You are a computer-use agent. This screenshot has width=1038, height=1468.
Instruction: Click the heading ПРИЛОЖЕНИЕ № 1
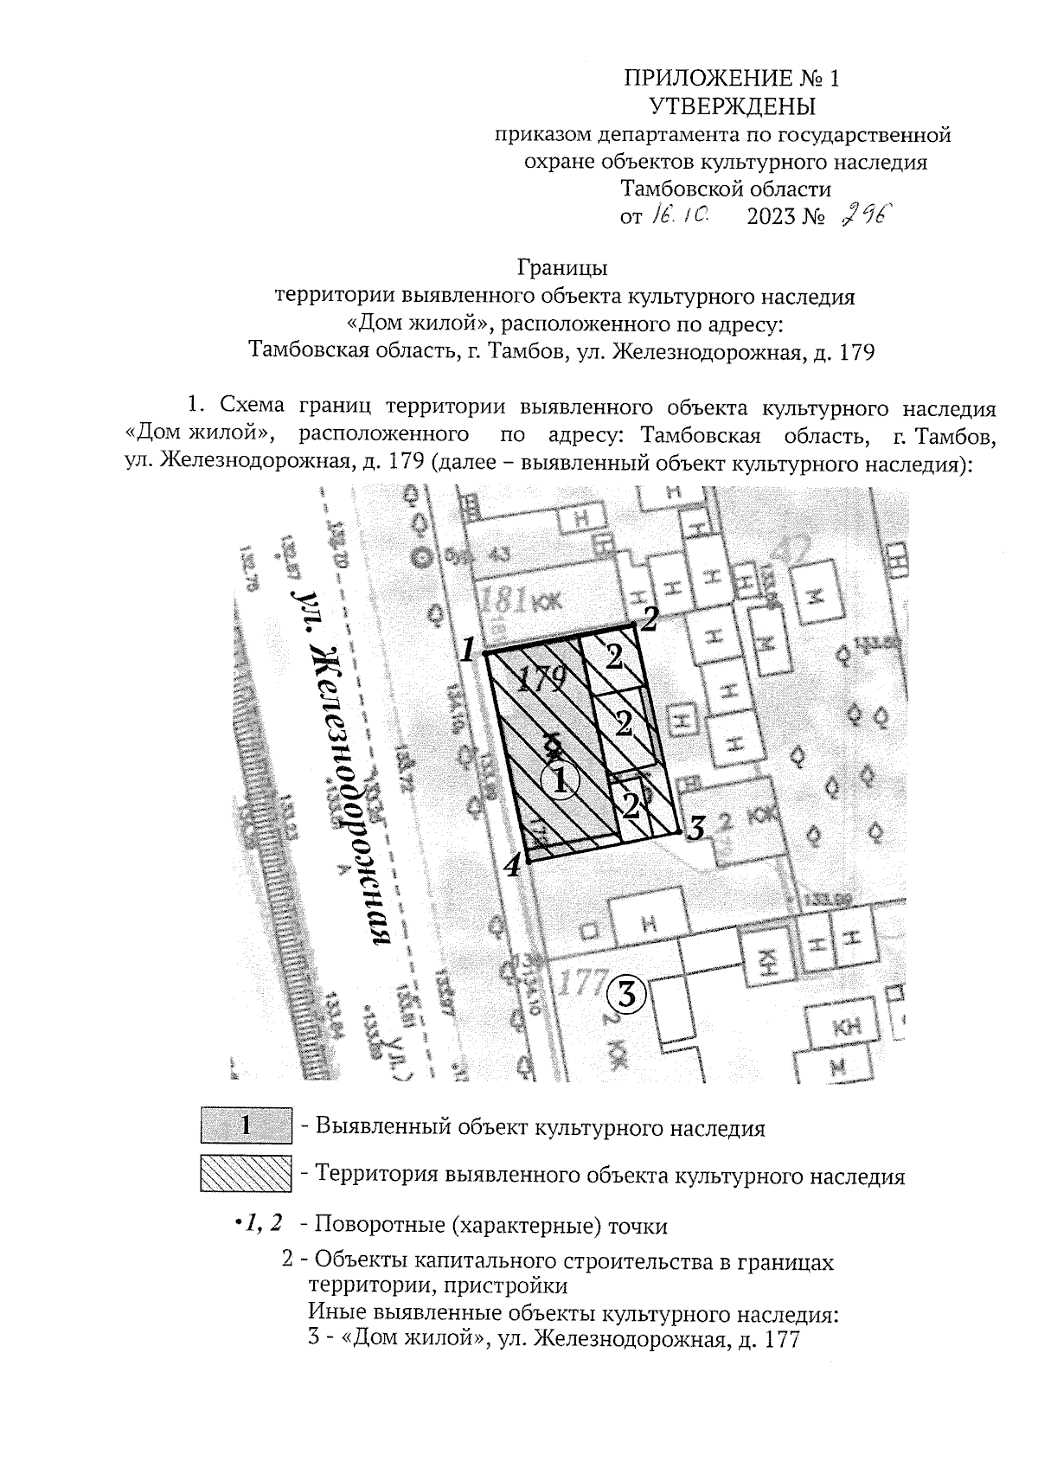[x=731, y=79]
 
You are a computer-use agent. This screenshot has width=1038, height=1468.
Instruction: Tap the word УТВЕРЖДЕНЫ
[x=732, y=106]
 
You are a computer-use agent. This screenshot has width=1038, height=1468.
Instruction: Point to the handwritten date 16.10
[x=681, y=215]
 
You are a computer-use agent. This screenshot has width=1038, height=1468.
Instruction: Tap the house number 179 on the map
[x=541, y=679]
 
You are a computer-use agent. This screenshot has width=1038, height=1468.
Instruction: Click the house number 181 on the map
[x=501, y=599]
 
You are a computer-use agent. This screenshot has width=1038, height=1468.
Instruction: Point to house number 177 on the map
[x=578, y=984]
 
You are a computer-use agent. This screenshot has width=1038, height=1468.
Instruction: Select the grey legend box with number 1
[x=246, y=1126]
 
